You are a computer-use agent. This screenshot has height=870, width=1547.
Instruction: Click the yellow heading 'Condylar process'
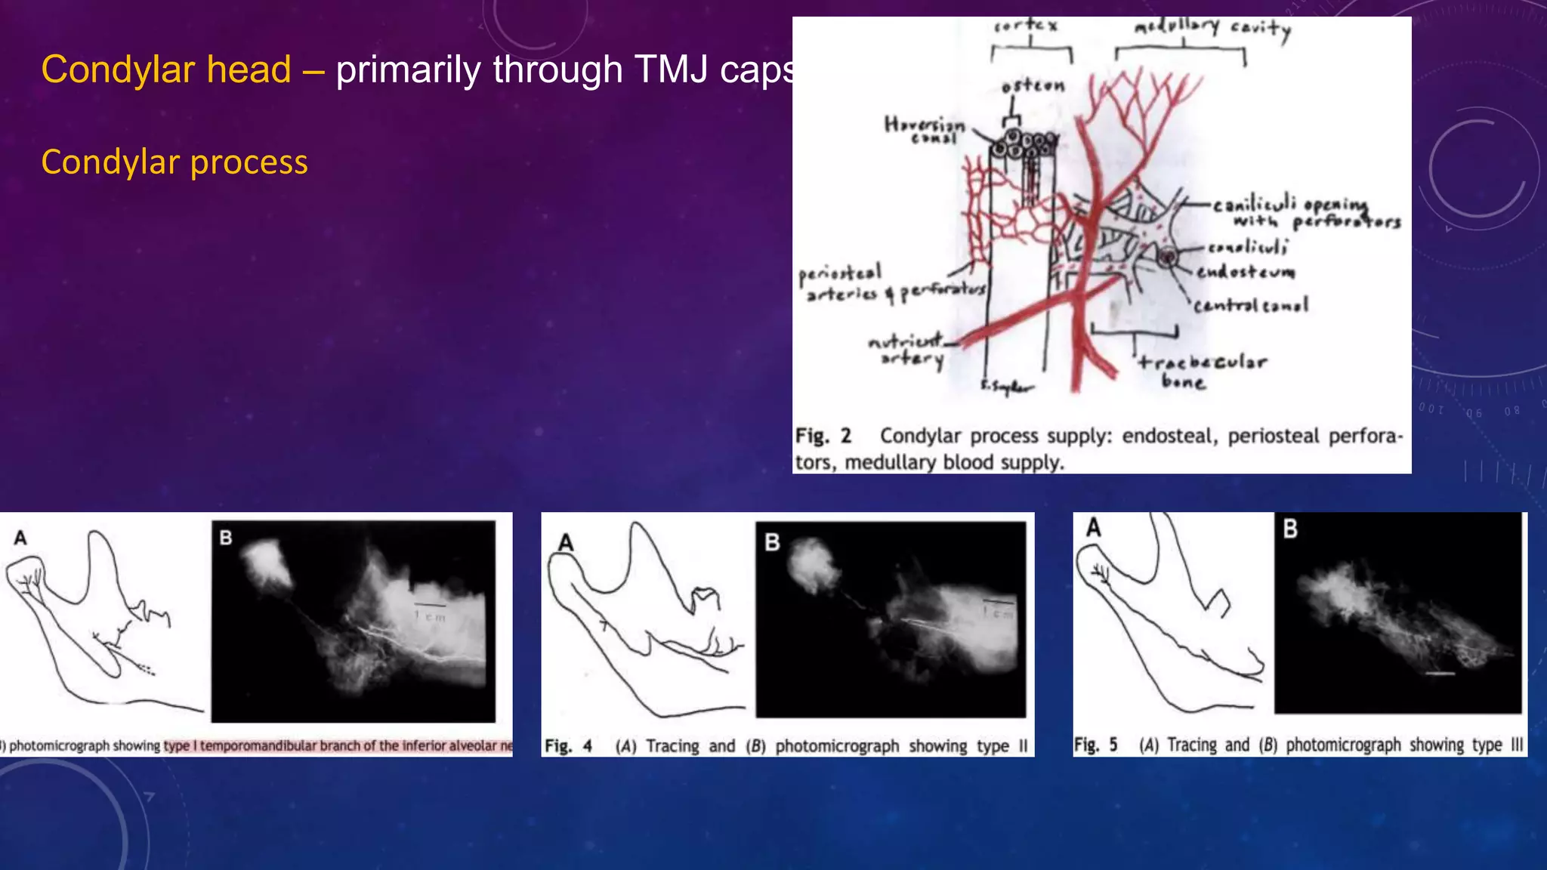pos(174,162)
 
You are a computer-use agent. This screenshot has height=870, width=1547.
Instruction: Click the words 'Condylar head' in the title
pos(166,69)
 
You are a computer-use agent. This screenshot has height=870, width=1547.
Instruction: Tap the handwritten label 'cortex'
pos(1026,26)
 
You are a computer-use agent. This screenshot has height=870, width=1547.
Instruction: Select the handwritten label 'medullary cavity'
pos(1212,28)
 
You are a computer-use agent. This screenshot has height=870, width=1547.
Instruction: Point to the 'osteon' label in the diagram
pos(1033,87)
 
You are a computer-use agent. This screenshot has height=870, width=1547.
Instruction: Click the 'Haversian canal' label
pos(925,129)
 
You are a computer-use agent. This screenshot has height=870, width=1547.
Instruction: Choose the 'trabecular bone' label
pos(1202,371)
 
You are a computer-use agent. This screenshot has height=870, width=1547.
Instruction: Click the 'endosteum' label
pos(1246,271)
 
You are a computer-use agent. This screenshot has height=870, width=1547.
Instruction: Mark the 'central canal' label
pos(1251,305)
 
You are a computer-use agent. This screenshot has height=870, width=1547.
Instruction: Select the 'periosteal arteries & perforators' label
pos(891,283)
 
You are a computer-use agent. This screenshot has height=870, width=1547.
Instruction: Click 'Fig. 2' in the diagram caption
pos(823,437)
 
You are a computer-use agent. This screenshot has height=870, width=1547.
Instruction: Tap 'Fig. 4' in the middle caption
pos(568,746)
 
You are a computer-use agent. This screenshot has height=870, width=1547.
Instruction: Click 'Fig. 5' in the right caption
pos(1095,745)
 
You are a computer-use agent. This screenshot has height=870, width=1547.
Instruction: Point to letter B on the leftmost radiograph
pos(225,538)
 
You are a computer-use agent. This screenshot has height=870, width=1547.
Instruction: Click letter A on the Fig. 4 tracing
pos(565,542)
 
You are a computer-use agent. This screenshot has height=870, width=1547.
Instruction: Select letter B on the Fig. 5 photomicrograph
pos(1290,529)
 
